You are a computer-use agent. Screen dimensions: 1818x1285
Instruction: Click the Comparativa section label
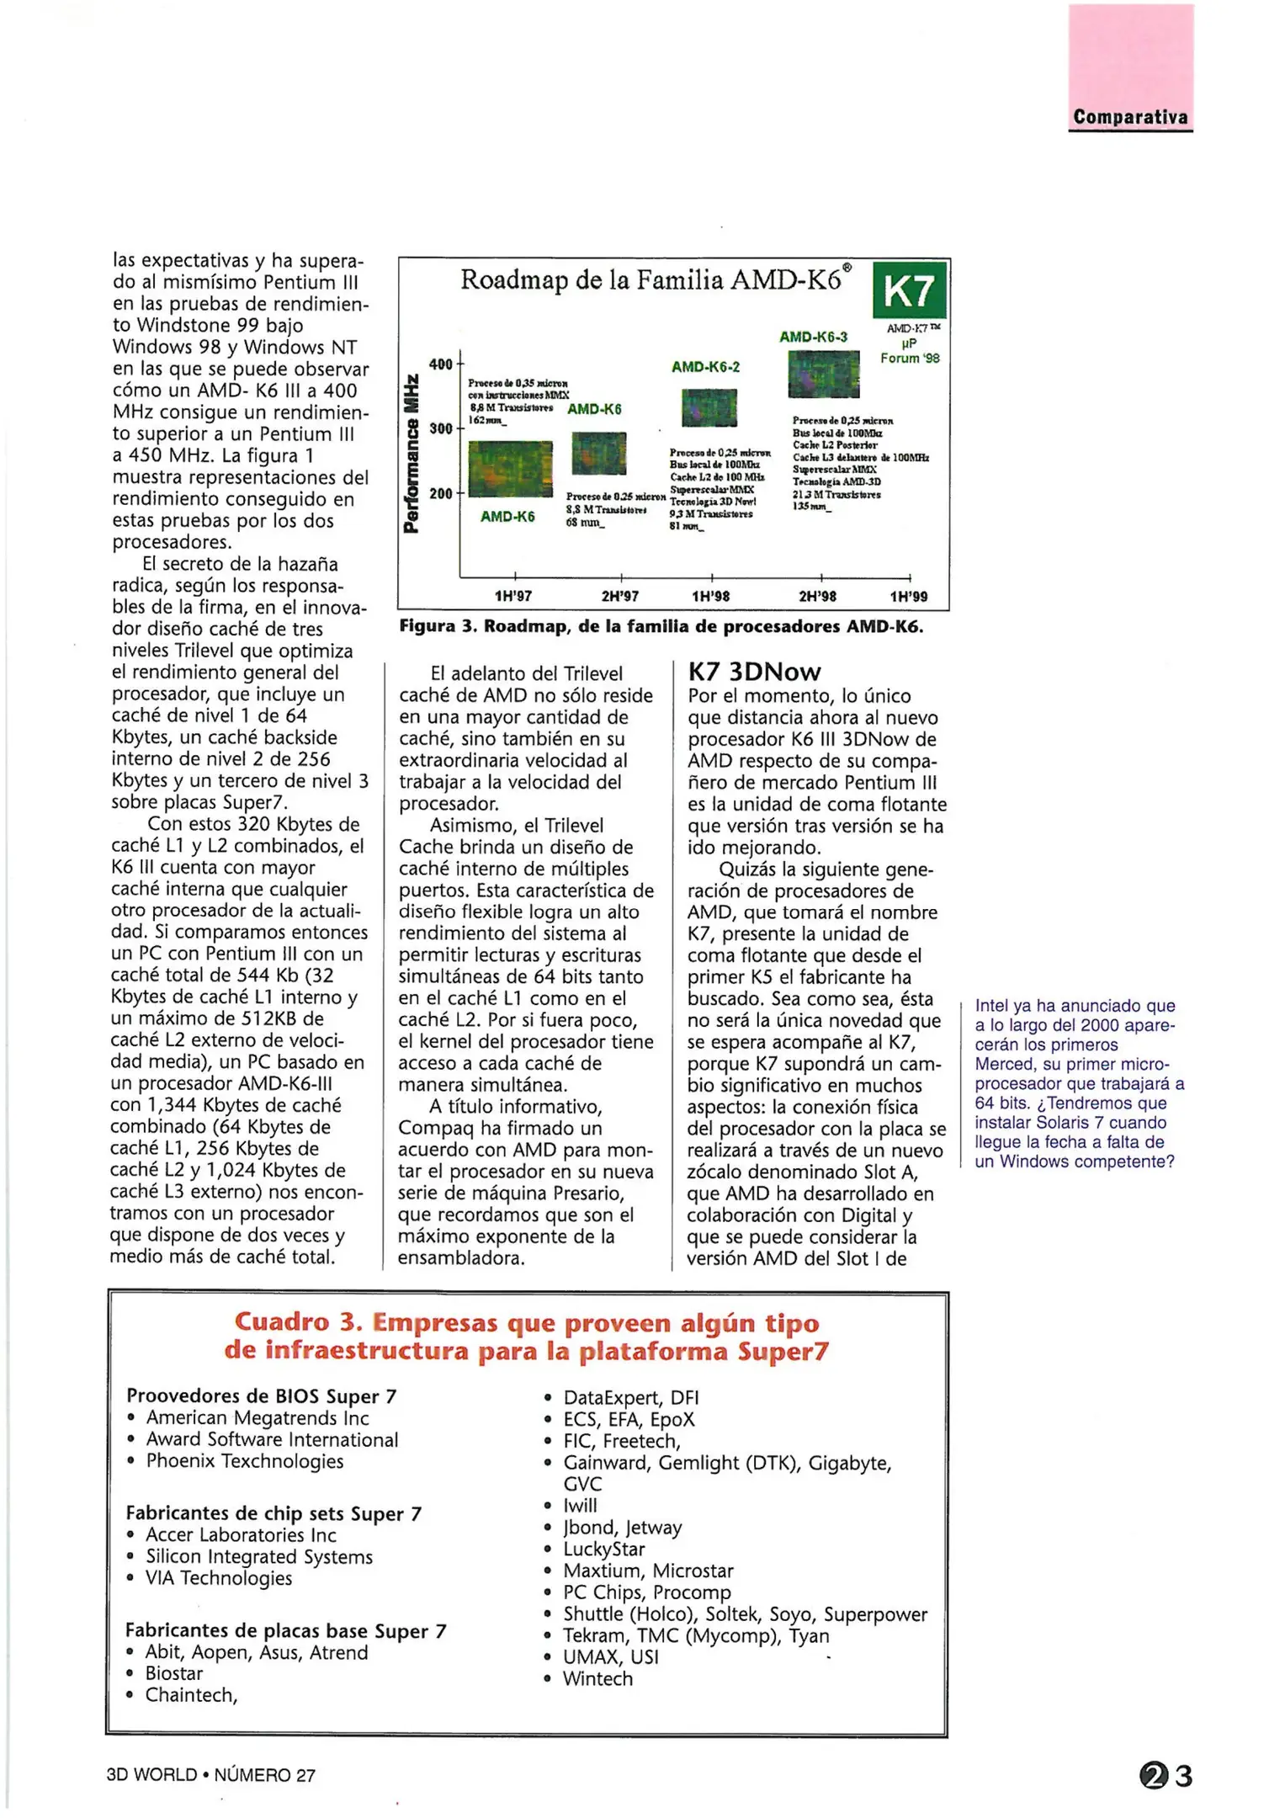click(x=1129, y=117)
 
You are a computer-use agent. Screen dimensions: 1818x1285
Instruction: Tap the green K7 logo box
click(x=910, y=291)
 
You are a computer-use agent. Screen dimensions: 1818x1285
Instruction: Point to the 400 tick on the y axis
click(x=441, y=364)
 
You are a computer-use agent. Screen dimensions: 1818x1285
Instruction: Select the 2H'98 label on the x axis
click(x=817, y=597)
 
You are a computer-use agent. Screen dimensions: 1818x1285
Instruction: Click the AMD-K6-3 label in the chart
click(x=813, y=337)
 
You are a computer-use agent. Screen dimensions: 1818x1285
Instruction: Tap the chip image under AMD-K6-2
click(x=709, y=408)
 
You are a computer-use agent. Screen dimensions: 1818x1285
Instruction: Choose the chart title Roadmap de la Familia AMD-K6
click(x=655, y=279)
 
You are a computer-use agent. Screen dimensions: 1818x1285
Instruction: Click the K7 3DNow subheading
click(x=754, y=672)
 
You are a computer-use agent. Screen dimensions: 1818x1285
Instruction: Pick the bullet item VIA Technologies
click(x=219, y=1578)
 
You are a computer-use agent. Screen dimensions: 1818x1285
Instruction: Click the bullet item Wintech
click(x=597, y=1678)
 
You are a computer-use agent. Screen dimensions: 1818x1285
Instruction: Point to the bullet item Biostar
click(x=173, y=1673)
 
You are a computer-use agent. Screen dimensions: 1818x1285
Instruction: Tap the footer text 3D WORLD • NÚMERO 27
click(x=210, y=1775)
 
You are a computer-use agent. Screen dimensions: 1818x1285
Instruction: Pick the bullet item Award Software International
click(x=272, y=1439)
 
